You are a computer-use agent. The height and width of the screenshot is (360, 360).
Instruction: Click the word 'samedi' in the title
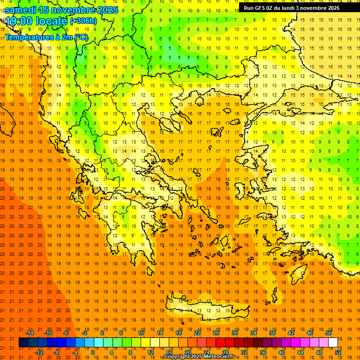pyautogui.click(x=21, y=10)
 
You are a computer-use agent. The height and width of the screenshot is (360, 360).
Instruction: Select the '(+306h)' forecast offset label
pyautogui.click(x=83, y=21)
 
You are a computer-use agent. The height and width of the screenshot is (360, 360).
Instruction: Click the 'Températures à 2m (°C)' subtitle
pyautogui.click(x=46, y=37)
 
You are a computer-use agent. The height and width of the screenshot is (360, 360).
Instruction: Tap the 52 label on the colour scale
pyautogui.click(x=338, y=352)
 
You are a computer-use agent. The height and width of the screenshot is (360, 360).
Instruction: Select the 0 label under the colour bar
pyautogui.click(x=93, y=352)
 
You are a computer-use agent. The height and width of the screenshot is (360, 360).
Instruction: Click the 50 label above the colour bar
pyautogui.click(x=329, y=333)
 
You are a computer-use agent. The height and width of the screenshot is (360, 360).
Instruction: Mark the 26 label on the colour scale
pyautogui.click(x=216, y=333)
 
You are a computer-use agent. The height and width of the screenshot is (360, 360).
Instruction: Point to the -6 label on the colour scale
pyautogui.click(x=66, y=333)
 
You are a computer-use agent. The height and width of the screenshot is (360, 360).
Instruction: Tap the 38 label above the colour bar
pyautogui.click(x=272, y=333)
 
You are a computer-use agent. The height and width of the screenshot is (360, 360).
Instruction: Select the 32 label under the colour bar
pyautogui.click(x=244, y=352)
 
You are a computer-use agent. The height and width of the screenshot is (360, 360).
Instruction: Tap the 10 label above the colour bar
pyautogui.click(x=141, y=333)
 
